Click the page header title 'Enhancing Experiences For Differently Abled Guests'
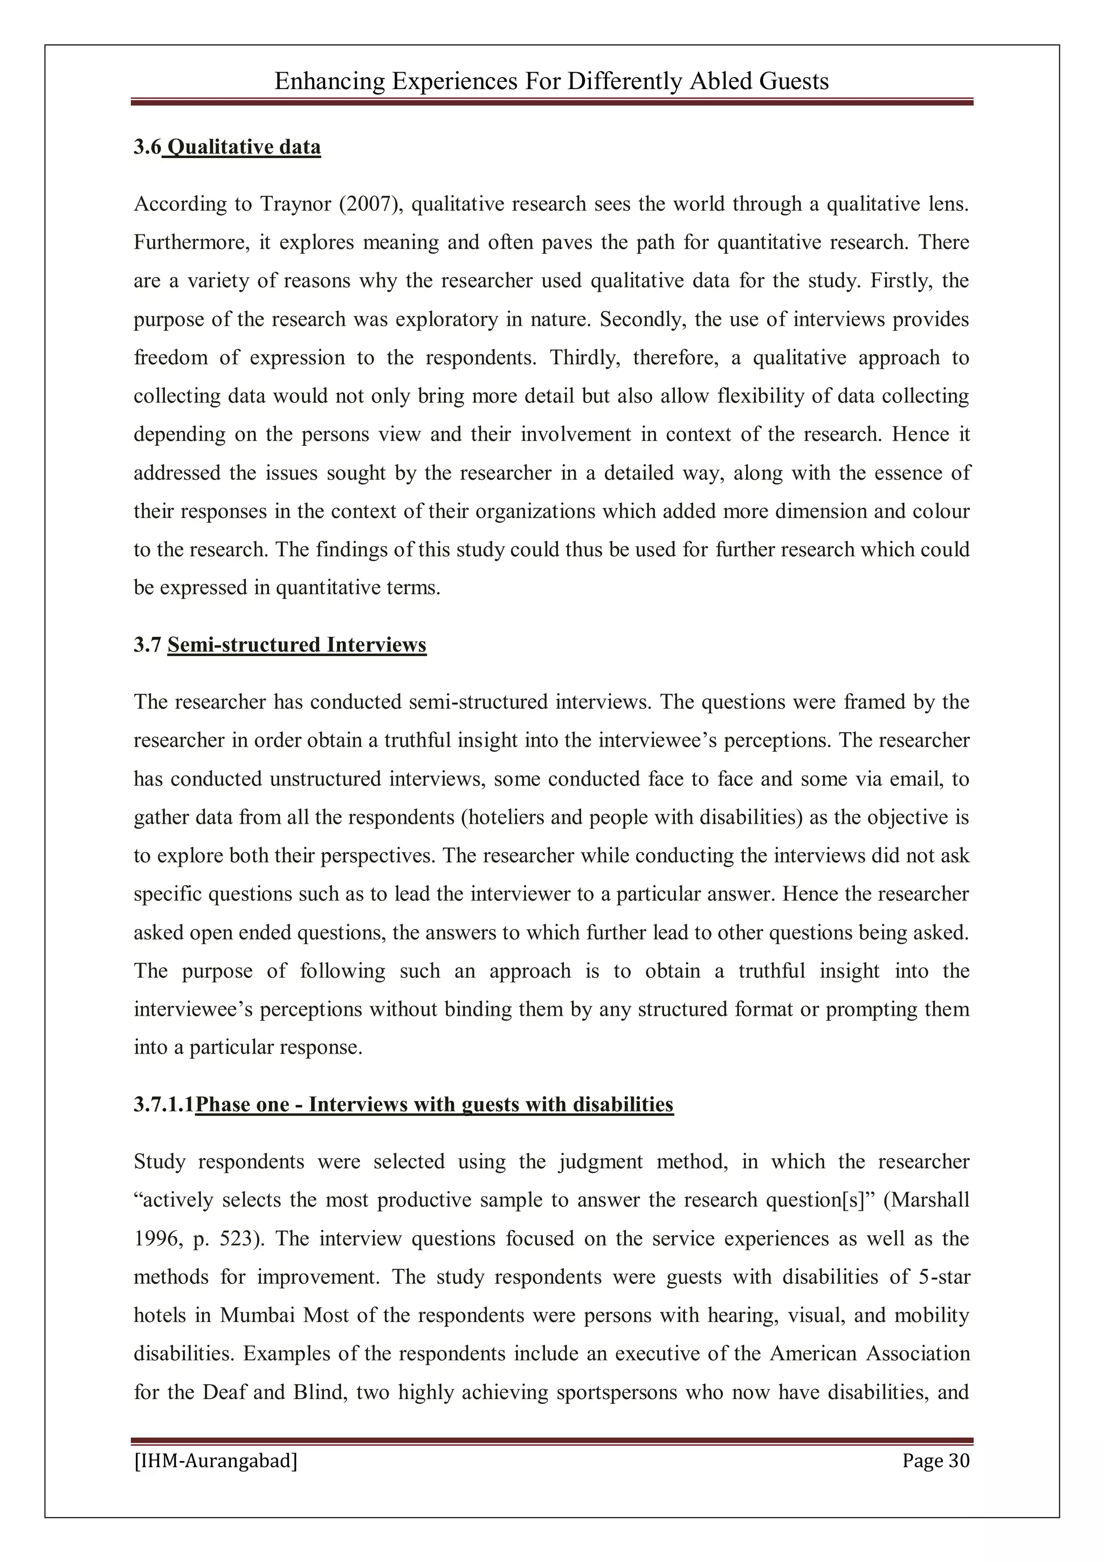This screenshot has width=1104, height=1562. click(x=551, y=81)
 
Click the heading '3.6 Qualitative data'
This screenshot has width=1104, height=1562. click(x=226, y=147)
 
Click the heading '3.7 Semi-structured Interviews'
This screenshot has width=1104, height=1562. click(x=280, y=645)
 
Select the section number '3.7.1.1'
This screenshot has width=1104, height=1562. click(x=163, y=1105)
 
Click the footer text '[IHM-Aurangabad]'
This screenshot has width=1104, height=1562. click(x=216, y=1461)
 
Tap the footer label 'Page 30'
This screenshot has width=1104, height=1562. click(x=935, y=1461)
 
